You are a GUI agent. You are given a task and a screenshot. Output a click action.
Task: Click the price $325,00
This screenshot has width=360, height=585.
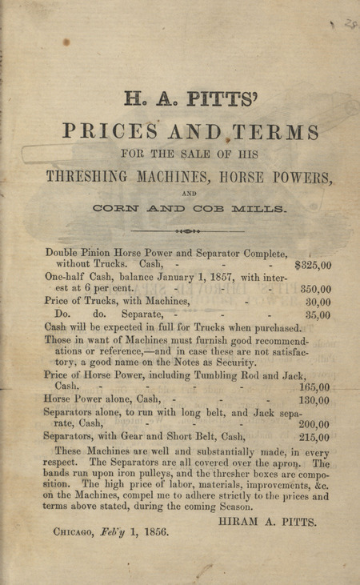click(313, 266)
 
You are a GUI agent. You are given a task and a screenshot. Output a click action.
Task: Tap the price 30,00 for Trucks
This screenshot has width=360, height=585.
click(318, 302)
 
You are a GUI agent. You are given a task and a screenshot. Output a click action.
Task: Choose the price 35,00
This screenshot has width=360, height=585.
click(318, 315)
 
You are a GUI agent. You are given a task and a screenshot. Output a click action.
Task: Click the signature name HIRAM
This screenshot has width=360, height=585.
click(239, 520)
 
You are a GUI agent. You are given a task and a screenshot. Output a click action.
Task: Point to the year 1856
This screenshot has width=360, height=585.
click(153, 531)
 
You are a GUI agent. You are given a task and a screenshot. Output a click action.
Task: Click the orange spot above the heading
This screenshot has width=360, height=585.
click(66, 41)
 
